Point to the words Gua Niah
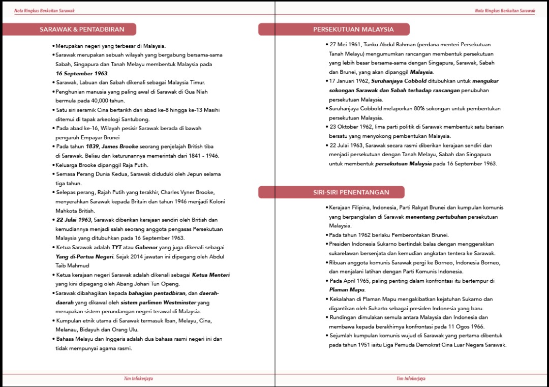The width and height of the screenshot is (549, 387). [198, 92]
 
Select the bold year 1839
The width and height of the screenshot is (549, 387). [92, 146]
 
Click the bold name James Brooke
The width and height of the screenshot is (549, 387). [119, 146]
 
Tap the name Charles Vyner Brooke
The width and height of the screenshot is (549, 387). [189, 192]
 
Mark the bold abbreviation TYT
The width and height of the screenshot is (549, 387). [117, 247]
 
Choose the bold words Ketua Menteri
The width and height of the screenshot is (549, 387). [211, 275]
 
